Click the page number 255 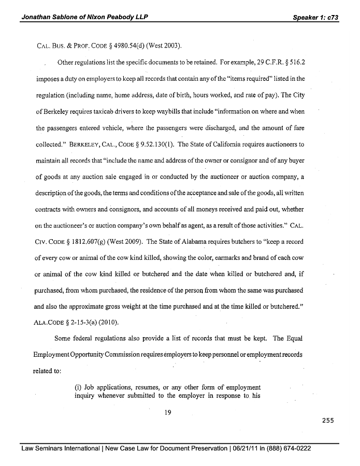click(x=327, y=420)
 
